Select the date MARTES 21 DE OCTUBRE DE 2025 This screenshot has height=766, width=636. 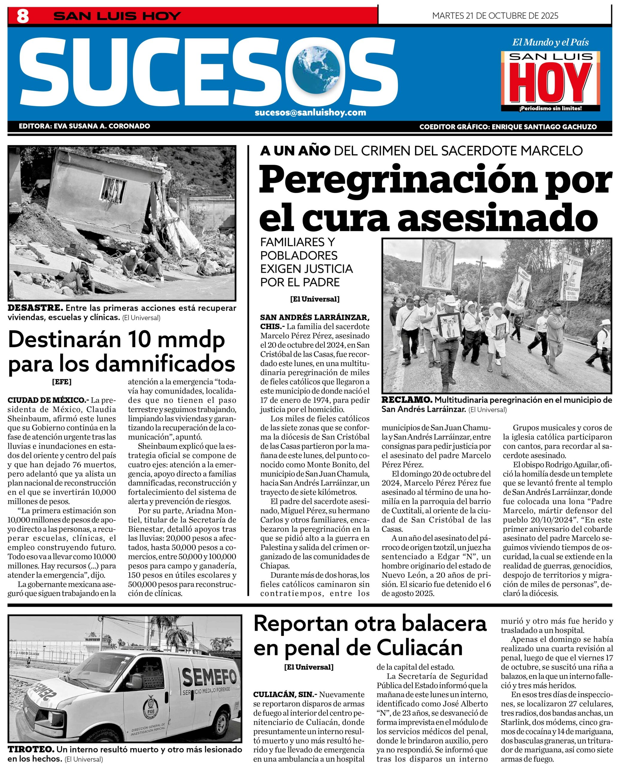pos(495,16)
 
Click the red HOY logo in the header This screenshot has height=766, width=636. pos(550,83)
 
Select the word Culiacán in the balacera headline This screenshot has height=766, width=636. pos(419,648)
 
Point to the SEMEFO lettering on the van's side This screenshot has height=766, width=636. pos(210,678)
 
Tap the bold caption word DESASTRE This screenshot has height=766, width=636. pos(35,308)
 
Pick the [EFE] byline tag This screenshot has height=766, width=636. pos(62,382)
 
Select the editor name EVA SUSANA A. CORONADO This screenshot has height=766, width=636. pos(102,126)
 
